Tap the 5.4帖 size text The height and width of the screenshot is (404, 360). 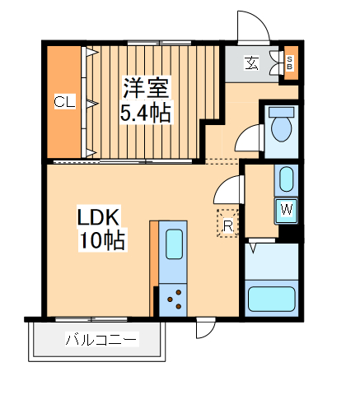pos(147,112)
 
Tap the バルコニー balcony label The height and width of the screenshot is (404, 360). pos(101,340)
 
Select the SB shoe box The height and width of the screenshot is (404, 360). pos(289,63)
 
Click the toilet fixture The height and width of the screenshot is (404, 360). pos(281,127)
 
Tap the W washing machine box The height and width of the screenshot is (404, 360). pos(286,210)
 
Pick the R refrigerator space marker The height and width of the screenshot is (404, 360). pos(227,223)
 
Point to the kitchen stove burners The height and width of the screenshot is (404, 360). pos(175,297)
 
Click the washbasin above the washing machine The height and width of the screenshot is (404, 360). pos(285,179)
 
